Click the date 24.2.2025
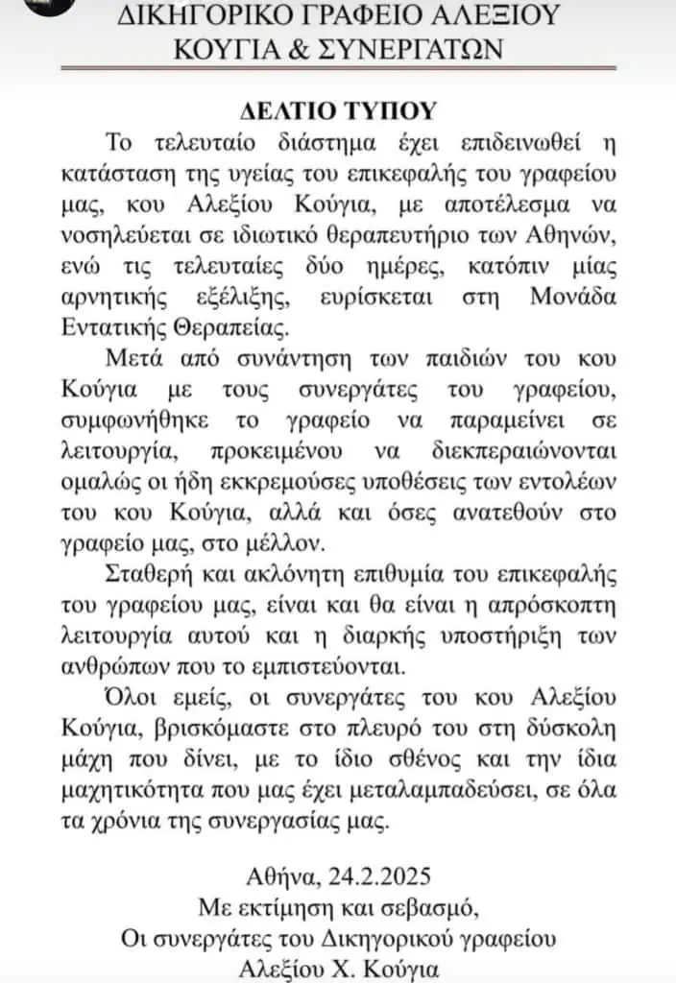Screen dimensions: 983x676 tap(379, 876)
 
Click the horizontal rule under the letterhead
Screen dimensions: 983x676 tap(338, 68)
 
